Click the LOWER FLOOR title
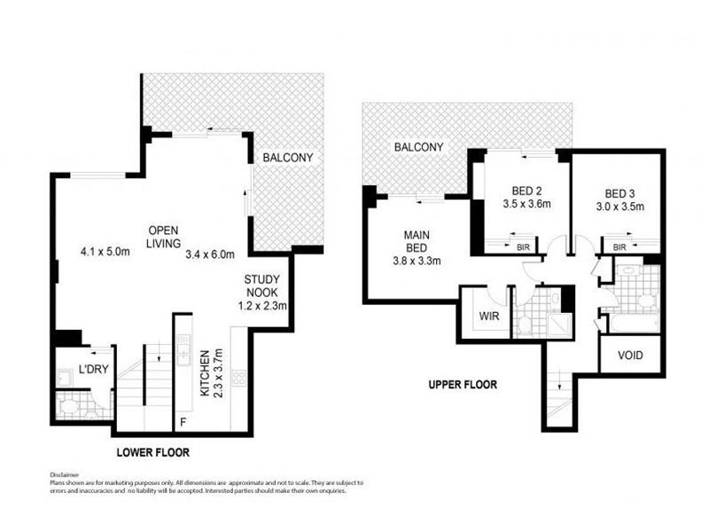click(152, 452)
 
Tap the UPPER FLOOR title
click(463, 385)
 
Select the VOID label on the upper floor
click(630, 356)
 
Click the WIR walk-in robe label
click(489, 316)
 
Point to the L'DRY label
click(94, 369)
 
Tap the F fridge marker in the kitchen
click(183, 422)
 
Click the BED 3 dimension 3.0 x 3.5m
click(619, 207)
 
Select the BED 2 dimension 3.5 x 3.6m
click(526, 204)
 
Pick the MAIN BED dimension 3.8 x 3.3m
click(417, 261)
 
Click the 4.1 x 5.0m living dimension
click(105, 252)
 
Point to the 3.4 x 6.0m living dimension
click(210, 254)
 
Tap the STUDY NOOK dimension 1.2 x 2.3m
click(262, 306)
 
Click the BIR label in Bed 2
click(523, 247)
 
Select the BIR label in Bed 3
click(619, 247)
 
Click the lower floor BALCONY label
click(287, 158)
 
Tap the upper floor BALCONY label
click(418, 147)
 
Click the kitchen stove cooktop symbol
click(239, 379)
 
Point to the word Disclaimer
click(64, 475)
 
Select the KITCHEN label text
click(205, 373)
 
